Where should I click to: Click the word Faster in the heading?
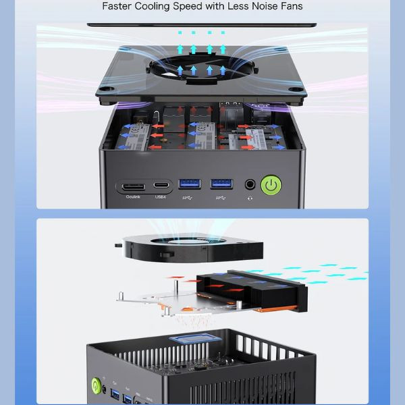pos(117,7)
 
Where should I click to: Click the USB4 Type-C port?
pos(161,184)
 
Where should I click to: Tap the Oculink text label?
pos(131,197)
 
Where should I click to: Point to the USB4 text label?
pos(161,197)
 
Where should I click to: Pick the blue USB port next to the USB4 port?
pos(190,184)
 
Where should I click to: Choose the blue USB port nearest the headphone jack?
pos(221,184)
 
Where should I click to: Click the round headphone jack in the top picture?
pos(250,184)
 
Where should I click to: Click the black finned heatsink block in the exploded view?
pos(260,288)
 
